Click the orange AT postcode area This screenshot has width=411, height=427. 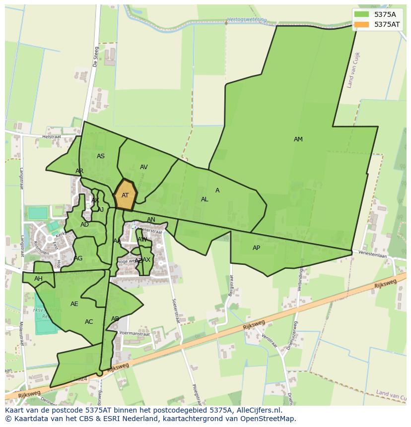point(125,195)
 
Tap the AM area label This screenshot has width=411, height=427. point(298,139)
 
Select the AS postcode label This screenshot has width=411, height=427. point(101,156)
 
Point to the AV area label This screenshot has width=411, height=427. point(143,167)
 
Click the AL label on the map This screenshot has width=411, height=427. point(205,199)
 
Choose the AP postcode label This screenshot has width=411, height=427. point(256,248)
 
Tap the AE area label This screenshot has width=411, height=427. point(74,304)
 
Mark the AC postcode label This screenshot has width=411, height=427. point(89,322)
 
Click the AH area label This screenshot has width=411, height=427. point(38,279)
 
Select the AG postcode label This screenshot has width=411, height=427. point(78,258)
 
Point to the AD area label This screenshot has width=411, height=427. point(84,225)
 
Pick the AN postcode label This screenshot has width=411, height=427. point(151,220)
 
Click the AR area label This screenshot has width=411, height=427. point(79,171)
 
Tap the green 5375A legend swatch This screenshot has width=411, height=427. point(362,14)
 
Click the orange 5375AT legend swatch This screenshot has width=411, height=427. point(362,24)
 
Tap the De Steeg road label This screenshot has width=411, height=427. point(96,57)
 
